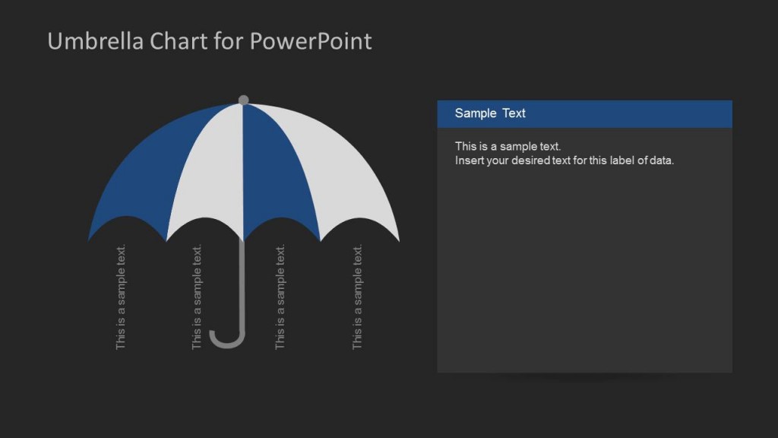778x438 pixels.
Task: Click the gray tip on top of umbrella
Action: click(x=243, y=100)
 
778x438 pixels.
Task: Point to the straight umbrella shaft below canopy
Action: click(x=243, y=281)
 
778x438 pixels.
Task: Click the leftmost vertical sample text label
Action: click(x=121, y=297)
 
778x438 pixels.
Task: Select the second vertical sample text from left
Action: click(x=197, y=297)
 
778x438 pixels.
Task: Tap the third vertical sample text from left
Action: click(x=280, y=297)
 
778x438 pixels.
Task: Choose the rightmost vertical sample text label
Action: click(x=357, y=297)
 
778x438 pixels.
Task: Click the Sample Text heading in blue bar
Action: click(x=490, y=113)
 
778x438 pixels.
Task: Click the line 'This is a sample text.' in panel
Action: click(x=508, y=146)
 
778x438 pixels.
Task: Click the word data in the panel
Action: click(x=661, y=160)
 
